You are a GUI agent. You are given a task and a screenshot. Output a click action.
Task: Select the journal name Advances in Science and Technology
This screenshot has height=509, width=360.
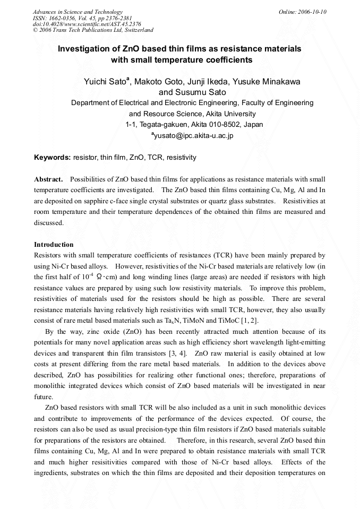[78, 12]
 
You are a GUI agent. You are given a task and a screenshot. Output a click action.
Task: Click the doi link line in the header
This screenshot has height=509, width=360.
[87, 24]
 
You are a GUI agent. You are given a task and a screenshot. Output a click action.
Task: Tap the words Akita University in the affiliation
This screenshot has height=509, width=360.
[228, 114]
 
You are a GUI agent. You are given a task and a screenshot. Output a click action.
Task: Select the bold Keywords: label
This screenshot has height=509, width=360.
[53, 158]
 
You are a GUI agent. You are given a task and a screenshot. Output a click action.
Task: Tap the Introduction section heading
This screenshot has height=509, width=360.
[54, 245]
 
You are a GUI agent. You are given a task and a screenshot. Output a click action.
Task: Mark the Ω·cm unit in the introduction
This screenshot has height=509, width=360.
[110, 277]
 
